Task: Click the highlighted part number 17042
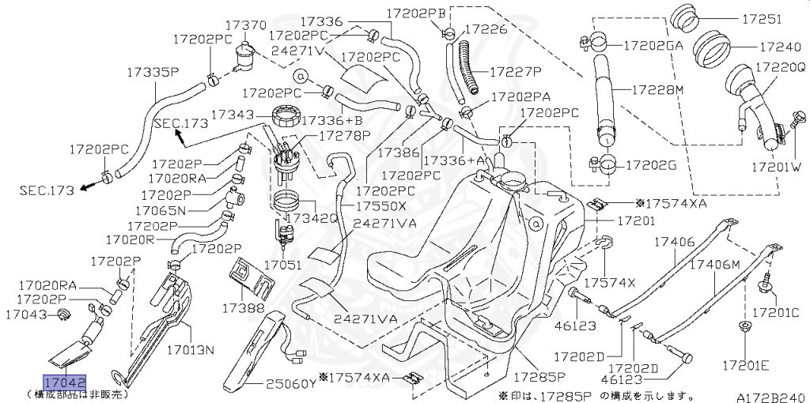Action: [x=64, y=382]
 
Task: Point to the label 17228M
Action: [x=657, y=89]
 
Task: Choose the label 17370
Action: [x=245, y=25]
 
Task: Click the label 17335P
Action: [x=153, y=72]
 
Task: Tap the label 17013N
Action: [x=188, y=348]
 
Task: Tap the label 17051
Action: [x=282, y=266]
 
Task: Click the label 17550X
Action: [x=380, y=205]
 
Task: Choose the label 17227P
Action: [x=515, y=71]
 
